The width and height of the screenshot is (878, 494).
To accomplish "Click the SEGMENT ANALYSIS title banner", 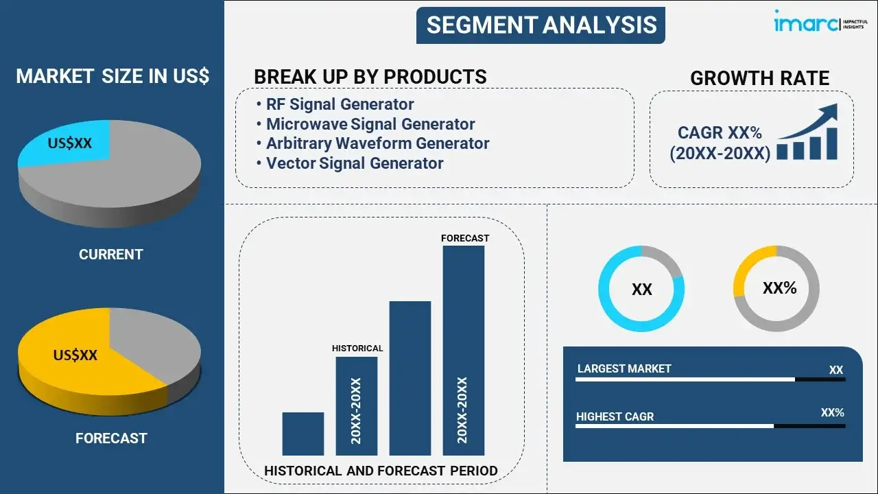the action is [x=541, y=25].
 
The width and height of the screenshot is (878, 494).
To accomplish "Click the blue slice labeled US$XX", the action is [x=67, y=143].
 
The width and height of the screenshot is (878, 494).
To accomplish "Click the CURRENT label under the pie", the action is [x=111, y=255].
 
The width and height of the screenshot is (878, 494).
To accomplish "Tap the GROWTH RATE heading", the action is [x=759, y=78].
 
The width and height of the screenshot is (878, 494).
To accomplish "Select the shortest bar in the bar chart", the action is [x=303, y=434].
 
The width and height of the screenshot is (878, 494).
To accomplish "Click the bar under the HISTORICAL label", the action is [x=357, y=406].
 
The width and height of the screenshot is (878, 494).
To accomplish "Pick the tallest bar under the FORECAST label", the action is [x=464, y=351].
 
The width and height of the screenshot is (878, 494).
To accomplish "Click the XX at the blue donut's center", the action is [x=641, y=290].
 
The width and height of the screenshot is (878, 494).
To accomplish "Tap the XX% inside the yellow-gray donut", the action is [x=780, y=288].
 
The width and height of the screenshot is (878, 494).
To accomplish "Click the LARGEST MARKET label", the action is [x=624, y=368].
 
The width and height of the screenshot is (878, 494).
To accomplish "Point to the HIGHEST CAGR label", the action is [x=615, y=416].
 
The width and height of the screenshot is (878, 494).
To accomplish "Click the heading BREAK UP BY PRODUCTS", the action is [x=370, y=77].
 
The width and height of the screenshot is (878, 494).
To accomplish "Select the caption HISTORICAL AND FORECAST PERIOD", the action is [x=381, y=471].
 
